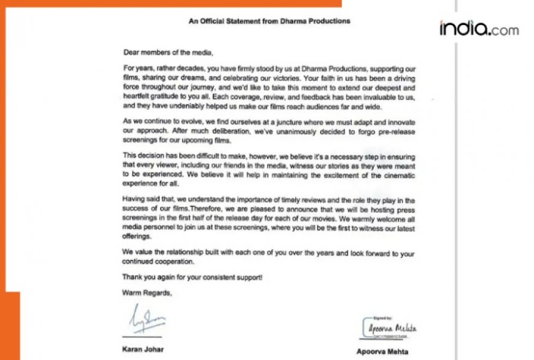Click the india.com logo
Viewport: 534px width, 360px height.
pyautogui.click(x=478, y=28)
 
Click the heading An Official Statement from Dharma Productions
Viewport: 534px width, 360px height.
pyautogui.click(x=269, y=21)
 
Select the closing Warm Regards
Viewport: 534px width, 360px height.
pyautogui.click(x=147, y=293)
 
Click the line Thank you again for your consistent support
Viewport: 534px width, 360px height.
pyautogui.click(x=192, y=277)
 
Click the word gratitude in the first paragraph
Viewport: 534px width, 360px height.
pyautogui.click(x=169, y=90)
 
